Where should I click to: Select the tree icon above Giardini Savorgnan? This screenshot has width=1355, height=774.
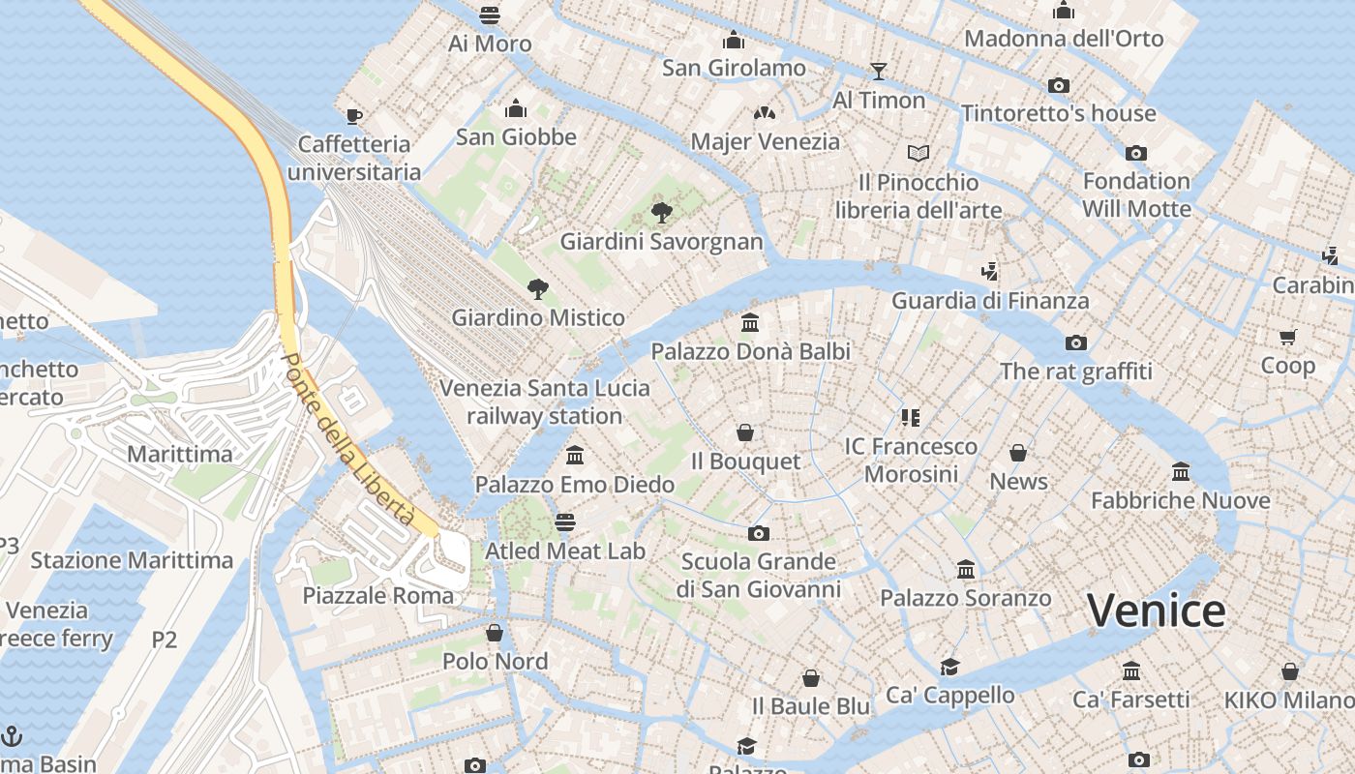(x=662, y=212)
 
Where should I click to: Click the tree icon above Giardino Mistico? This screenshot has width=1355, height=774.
(x=537, y=288)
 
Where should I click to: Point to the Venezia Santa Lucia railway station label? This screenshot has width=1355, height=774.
(x=545, y=402)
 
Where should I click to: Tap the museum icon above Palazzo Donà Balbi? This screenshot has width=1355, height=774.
(x=750, y=322)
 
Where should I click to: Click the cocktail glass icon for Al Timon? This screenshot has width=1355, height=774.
(x=878, y=71)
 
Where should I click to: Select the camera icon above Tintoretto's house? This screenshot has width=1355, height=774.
(x=1058, y=85)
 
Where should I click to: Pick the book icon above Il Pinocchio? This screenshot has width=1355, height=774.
(x=918, y=153)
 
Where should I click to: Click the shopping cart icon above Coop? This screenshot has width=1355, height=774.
(x=1287, y=337)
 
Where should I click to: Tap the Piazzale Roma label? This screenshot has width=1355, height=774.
(x=378, y=595)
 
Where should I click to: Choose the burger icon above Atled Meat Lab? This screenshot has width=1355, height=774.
(x=565, y=522)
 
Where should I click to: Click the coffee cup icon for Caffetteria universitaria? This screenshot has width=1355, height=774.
(x=354, y=116)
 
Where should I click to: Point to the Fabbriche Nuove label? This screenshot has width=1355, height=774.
(x=1180, y=500)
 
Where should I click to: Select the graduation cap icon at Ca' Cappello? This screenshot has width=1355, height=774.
(x=949, y=667)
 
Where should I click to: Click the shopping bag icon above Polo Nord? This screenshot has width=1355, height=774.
(x=495, y=633)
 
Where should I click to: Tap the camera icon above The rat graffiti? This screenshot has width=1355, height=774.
(x=1075, y=342)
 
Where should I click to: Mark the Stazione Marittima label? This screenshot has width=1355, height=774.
(x=132, y=560)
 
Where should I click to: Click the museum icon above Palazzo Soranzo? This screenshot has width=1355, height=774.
(x=965, y=570)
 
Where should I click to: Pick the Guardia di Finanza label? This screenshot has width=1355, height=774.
(x=990, y=301)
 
